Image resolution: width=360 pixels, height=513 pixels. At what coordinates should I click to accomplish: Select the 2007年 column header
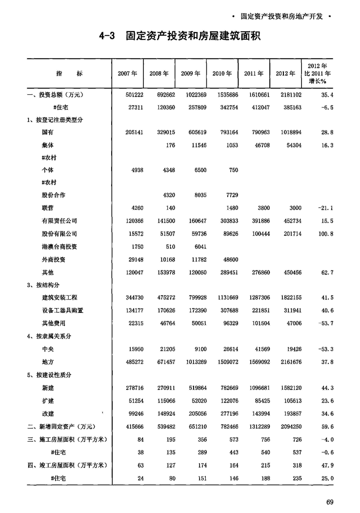point(127,73)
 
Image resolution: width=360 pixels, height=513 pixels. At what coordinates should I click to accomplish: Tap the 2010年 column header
point(222,73)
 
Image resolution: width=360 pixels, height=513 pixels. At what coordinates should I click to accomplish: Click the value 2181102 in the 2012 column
point(285,95)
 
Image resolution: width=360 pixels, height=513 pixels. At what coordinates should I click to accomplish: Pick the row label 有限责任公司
point(59,221)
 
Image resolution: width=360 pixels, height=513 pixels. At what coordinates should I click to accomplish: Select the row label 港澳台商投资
point(59,246)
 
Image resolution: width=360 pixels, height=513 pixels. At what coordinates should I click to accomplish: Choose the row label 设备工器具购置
point(62,310)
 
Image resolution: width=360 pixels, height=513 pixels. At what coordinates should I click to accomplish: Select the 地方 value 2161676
point(285,361)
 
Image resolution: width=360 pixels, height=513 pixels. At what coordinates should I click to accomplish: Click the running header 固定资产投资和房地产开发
point(281,16)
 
